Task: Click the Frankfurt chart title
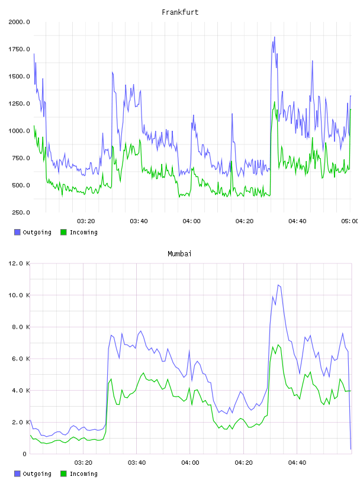pyautogui.click(x=180, y=12)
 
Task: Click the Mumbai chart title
pyautogui.click(x=179, y=254)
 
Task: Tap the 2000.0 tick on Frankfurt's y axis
pyautogui.click(x=19, y=22)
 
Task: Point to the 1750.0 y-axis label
pyautogui.click(x=19, y=49)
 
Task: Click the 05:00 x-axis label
pyautogui.click(x=350, y=221)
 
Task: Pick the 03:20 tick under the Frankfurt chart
pyautogui.click(x=86, y=221)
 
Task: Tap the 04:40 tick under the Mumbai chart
pyautogui.click(x=297, y=463)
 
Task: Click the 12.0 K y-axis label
pyautogui.click(x=19, y=263)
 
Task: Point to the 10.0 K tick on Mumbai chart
pyautogui.click(x=19, y=295)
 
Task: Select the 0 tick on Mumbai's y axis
pyautogui.click(x=24, y=454)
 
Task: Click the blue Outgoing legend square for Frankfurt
pyautogui.click(x=17, y=232)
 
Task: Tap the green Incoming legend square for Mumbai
pyautogui.click(x=63, y=474)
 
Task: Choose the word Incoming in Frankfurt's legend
pyautogui.click(x=83, y=232)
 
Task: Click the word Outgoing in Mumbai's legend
pyautogui.click(x=37, y=474)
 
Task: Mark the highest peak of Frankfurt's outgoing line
pyautogui.click(x=274, y=37)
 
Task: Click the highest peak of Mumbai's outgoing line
pyautogui.click(x=278, y=285)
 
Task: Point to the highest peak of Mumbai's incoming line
pyautogui.click(x=278, y=344)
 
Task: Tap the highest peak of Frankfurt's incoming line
pyautogui.click(x=275, y=102)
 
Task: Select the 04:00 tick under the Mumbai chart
pyautogui.click(x=190, y=463)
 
